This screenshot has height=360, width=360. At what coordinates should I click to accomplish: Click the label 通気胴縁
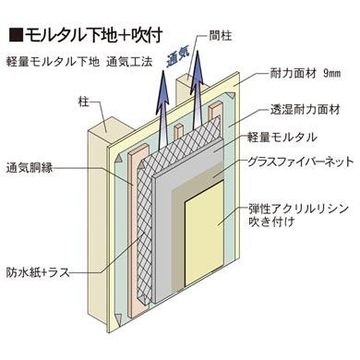pyautogui.click(x=30, y=169)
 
